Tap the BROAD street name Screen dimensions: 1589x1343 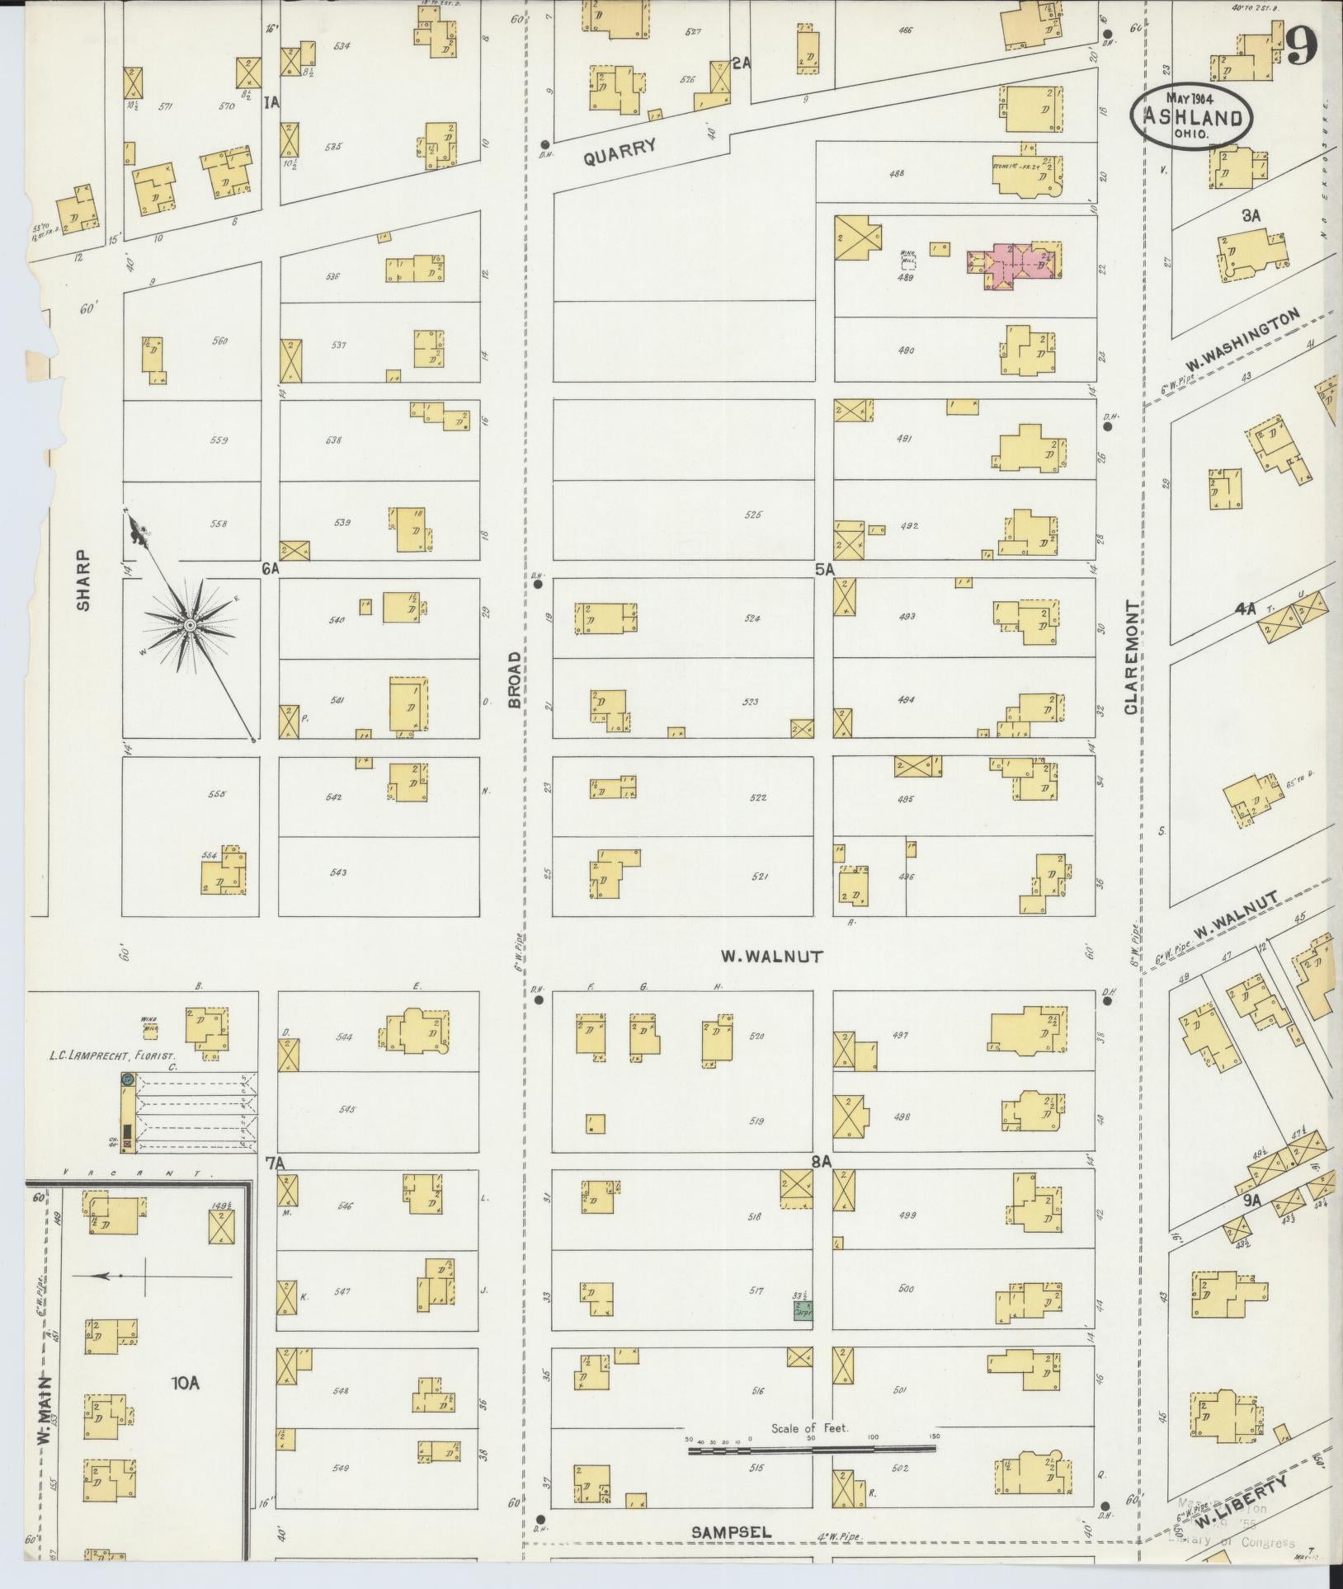(516, 679)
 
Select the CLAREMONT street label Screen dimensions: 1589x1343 (1131, 657)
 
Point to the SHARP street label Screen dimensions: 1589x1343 (82, 581)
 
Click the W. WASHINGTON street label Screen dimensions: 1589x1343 (1242, 340)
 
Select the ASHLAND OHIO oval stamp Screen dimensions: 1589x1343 (1191, 118)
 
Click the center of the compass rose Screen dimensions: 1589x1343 (191, 627)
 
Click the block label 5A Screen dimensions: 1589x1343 (824, 569)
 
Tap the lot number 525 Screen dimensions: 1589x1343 (752, 515)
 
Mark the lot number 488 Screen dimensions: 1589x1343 (898, 173)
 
